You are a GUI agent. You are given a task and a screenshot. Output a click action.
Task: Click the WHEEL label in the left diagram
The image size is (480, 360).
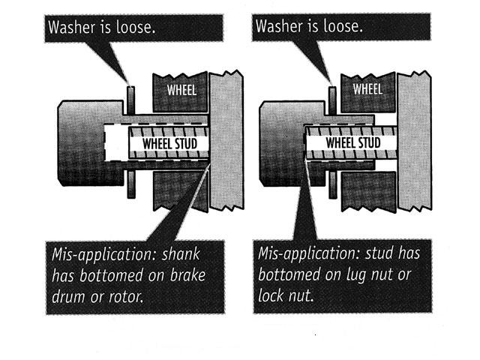pos(181,90)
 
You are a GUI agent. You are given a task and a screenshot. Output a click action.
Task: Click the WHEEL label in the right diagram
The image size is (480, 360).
pos(367,89)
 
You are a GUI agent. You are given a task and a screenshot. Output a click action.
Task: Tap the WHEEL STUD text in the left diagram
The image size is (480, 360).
pos(170,143)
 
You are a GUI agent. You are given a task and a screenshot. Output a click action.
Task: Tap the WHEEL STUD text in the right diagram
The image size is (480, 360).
pos(353,142)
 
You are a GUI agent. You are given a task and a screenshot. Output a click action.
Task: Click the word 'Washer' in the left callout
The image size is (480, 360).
pos(72,27)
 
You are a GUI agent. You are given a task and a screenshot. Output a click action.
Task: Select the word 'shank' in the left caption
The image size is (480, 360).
pos(181,254)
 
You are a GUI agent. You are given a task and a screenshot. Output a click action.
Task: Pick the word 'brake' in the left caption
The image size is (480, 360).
pos(187,275)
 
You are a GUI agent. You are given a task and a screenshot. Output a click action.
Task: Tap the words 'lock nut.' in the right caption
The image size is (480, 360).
pos(286,295)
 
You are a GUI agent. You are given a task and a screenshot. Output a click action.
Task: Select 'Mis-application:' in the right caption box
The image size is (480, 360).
pos(308,253)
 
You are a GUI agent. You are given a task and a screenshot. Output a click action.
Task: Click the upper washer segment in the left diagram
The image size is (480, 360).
pos(130,100)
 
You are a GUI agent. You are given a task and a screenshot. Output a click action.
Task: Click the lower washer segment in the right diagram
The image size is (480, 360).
pos(333,185)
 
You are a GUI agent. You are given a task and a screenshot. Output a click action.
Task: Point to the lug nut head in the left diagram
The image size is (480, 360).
pos(91,143)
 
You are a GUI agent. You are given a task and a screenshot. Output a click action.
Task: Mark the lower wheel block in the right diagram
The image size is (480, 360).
pos(368,191)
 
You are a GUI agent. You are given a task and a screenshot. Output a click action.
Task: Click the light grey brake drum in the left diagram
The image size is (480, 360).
pos(226,140)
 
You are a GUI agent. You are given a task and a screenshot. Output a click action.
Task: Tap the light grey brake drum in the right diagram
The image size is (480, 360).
pos(415,141)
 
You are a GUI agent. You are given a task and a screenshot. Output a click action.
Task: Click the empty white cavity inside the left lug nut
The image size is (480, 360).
pos(116,143)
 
